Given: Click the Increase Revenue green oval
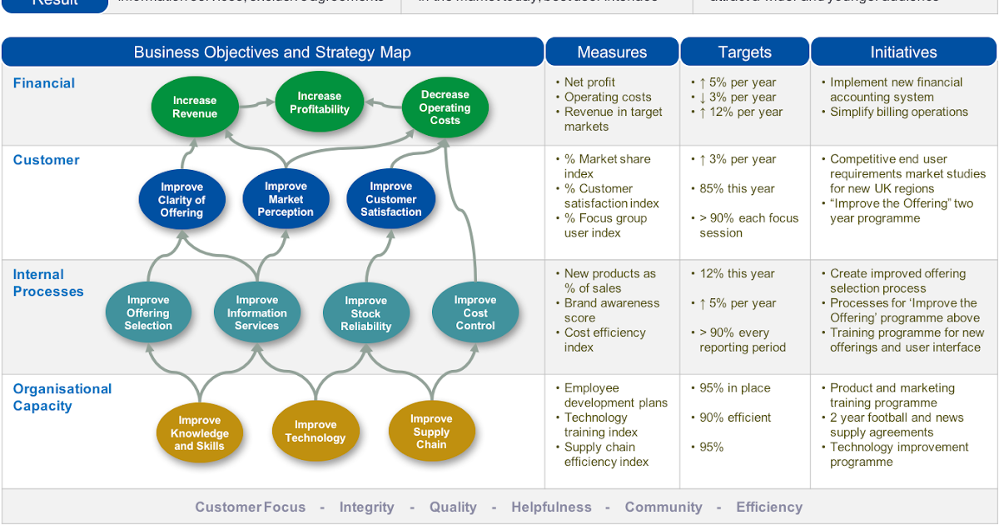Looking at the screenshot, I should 194,107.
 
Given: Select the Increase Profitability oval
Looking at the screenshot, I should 320,102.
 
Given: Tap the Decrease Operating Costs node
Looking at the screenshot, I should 445,107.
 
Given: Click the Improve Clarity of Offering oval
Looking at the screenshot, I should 181,199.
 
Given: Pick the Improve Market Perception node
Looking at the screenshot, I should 286,199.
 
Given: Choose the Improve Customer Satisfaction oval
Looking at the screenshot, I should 390,199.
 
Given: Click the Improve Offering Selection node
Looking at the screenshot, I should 148,312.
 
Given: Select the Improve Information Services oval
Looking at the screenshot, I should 256,312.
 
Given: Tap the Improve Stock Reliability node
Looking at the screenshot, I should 365,313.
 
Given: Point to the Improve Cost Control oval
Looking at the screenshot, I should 475,312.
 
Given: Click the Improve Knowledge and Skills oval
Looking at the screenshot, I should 200,433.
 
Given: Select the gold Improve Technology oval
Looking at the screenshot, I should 315,432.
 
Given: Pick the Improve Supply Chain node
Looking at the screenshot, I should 431,432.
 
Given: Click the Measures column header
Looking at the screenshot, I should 612,52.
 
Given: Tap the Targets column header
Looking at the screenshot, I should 745,52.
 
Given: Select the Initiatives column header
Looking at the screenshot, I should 903,52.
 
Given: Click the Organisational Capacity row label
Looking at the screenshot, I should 62,397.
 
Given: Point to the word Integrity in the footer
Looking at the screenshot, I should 366,507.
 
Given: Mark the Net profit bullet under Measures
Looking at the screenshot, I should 589,82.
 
